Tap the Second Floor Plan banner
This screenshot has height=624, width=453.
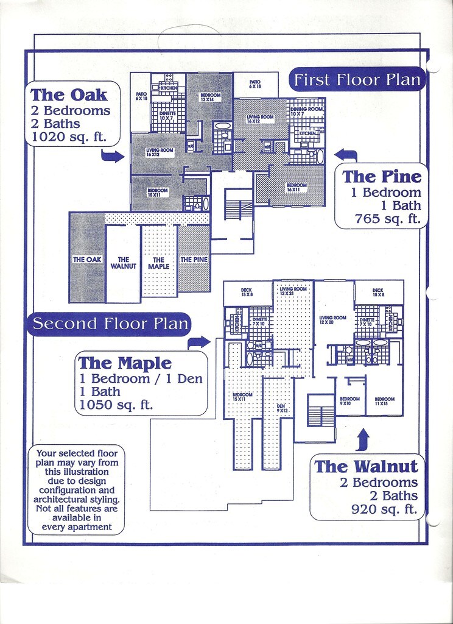[110, 324]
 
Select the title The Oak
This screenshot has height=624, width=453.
[69, 95]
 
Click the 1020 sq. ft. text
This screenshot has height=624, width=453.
[68, 137]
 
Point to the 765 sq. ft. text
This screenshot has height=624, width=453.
[387, 219]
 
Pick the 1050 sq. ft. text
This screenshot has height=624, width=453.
[116, 405]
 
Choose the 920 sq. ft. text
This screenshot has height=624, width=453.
[384, 509]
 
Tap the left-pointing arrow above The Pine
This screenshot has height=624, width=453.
[346, 154]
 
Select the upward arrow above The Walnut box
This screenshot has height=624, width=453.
[363, 439]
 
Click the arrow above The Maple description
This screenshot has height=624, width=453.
[198, 342]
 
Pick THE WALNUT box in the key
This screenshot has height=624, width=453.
[123, 263]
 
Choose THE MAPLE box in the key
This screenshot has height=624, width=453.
[158, 263]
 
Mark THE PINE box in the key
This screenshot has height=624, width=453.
[194, 260]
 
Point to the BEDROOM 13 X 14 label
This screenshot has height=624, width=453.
[210, 97]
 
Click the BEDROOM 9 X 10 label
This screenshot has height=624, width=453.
[349, 401]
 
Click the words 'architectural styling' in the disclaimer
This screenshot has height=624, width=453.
[76, 499]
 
